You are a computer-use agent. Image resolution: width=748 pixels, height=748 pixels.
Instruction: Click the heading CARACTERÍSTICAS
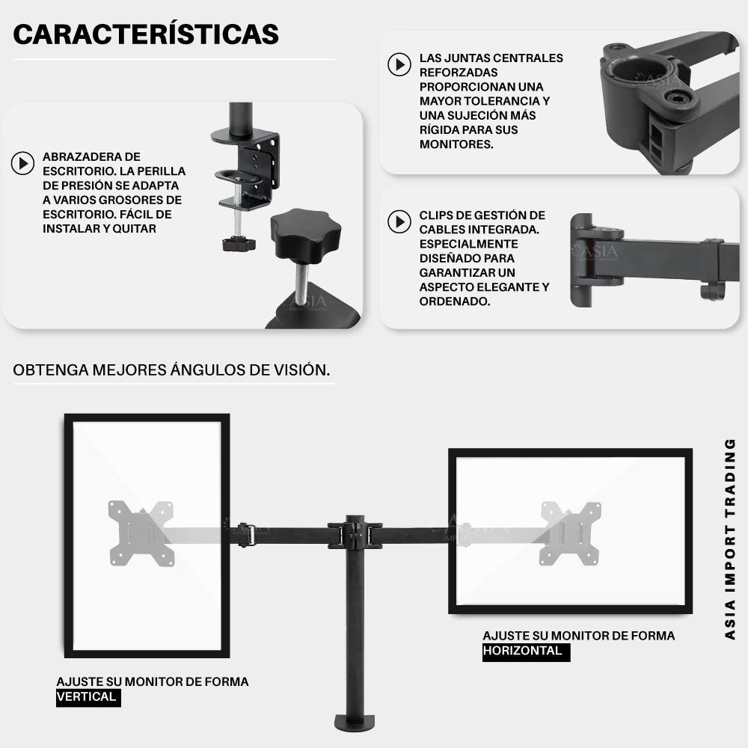tap(146, 34)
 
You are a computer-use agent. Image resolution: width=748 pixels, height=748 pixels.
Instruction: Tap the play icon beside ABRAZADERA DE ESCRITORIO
tap(23, 163)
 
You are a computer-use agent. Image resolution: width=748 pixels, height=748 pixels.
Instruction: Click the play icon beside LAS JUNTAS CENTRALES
tap(399, 64)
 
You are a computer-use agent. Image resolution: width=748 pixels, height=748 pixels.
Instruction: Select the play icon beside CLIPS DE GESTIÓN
tap(399, 222)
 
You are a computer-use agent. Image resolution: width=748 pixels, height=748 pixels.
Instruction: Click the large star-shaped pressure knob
tap(305, 233)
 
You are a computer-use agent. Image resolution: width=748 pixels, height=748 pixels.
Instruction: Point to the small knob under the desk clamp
tap(239, 244)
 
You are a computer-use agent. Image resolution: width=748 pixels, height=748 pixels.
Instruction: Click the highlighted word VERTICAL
tap(86, 697)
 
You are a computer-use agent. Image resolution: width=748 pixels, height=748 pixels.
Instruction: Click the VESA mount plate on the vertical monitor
tap(141, 533)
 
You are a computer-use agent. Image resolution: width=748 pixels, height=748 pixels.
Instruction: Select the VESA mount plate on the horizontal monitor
tap(571, 533)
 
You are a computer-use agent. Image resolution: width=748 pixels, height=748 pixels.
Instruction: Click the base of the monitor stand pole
tap(355, 723)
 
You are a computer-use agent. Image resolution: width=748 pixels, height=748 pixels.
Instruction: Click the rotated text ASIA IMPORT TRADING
tap(730, 539)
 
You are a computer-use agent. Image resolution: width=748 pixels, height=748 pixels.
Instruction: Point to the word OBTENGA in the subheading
tap(51, 370)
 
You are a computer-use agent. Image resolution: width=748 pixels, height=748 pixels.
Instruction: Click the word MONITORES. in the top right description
tap(456, 144)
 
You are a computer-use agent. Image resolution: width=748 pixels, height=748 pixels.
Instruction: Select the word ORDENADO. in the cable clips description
tap(455, 301)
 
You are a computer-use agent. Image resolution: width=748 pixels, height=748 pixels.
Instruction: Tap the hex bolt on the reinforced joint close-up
tap(675, 98)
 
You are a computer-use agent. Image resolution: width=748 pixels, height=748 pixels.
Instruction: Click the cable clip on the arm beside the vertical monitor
tap(246, 536)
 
